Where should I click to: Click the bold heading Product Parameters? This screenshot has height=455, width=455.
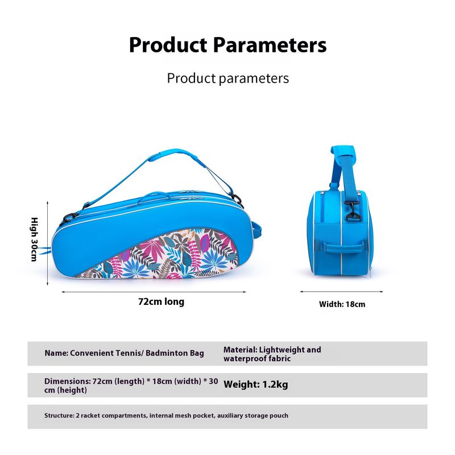pyautogui.click(x=227, y=44)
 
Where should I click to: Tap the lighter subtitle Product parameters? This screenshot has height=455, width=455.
pyautogui.click(x=227, y=78)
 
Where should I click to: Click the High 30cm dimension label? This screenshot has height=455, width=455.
pyautogui.click(x=34, y=239)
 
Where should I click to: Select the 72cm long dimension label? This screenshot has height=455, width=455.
pyautogui.click(x=161, y=301)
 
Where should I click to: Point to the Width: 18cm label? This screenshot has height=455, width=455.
pyautogui.click(x=342, y=304)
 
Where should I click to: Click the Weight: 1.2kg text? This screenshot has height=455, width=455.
pyautogui.click(x=255, y=384)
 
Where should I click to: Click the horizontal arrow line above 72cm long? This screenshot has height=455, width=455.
pyautogui.click(x=154, y=292)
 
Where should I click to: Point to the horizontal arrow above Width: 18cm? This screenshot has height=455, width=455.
pyautogui.click(x=342, y=292)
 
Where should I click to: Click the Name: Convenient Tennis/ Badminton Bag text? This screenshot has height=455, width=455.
pyautogui.click(x=124, y=353)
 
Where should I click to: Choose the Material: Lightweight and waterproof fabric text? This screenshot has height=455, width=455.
pyautogui.click(x=272, y=354)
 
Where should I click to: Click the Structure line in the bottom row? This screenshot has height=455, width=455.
pyautogui.click(x=166, y=416)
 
